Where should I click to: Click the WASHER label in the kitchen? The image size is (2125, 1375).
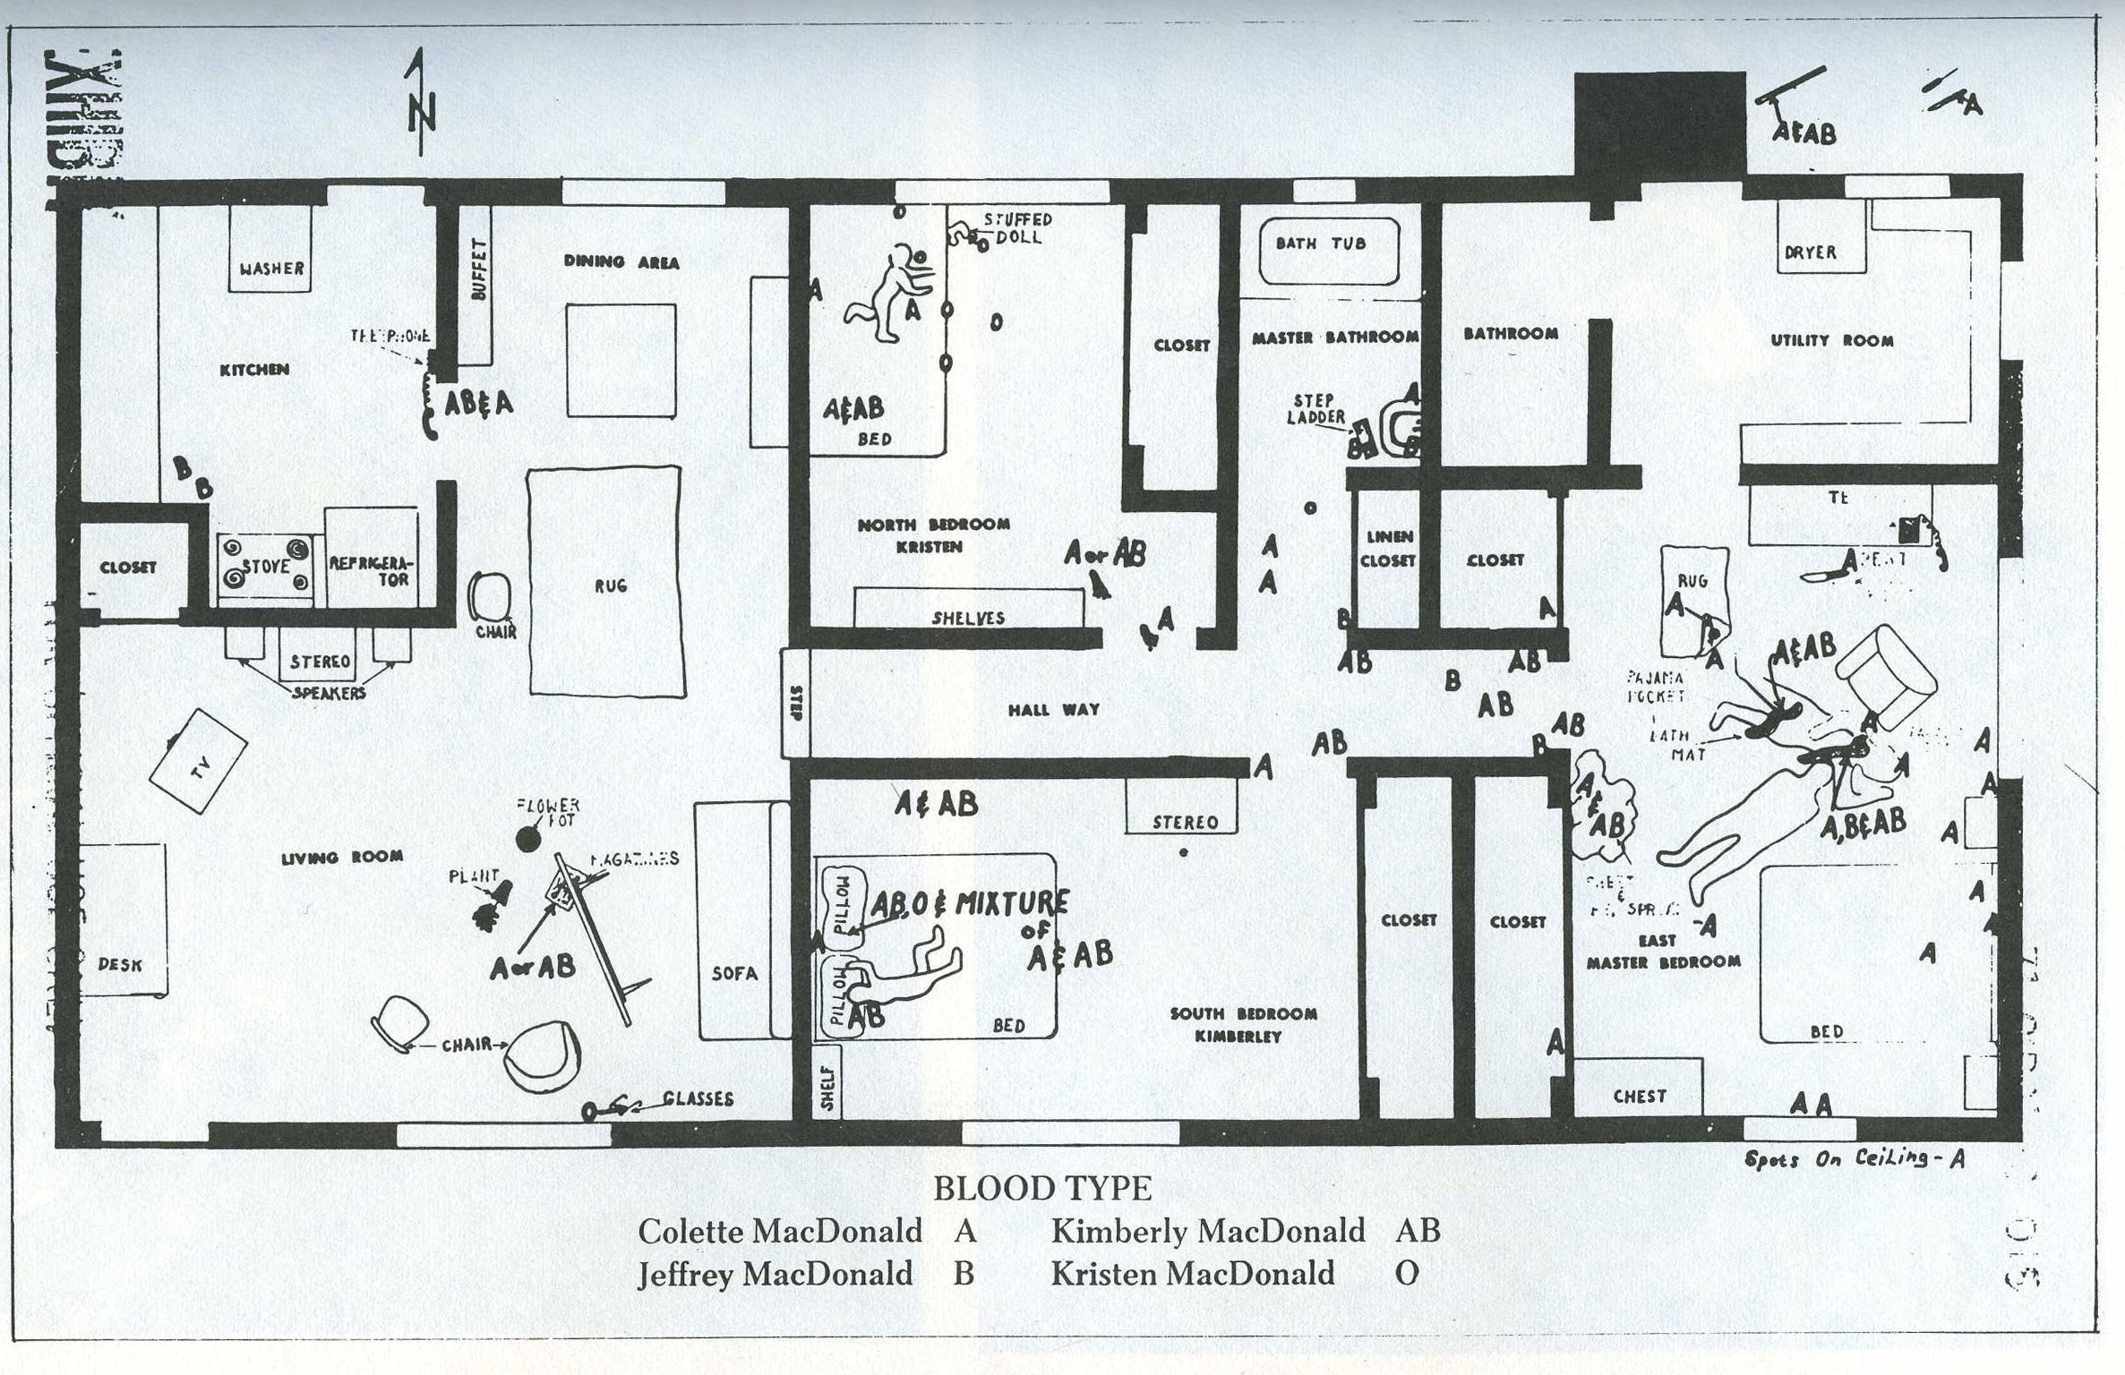(271, 268)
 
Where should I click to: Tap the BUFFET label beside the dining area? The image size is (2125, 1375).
(478, 269)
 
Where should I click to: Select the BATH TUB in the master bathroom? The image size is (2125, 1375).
(1327, 251)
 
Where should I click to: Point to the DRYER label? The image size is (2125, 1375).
(1810, 252)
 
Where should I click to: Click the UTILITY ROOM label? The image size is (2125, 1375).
(1831, 340)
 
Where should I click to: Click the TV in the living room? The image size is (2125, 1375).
(198, 762)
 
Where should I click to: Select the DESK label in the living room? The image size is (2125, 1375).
(120, 964)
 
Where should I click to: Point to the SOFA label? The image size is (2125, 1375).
(734, 973)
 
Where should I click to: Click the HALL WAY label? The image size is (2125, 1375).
(1053, 710)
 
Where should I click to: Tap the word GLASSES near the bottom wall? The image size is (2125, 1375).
(698, 1098)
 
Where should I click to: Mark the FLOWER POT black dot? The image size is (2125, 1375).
(529, 839)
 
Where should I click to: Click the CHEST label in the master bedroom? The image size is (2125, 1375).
(1640, 1096)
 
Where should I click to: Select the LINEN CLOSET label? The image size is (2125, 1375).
(1387, 549)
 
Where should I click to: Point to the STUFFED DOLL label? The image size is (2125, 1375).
(1018, 228)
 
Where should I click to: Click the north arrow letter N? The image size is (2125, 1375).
(422, 116)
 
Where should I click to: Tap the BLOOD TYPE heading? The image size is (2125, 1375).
(1042, 1189)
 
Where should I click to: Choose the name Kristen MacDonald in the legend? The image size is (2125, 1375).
(1192, 1273)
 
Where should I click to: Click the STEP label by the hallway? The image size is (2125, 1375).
(796, 703)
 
